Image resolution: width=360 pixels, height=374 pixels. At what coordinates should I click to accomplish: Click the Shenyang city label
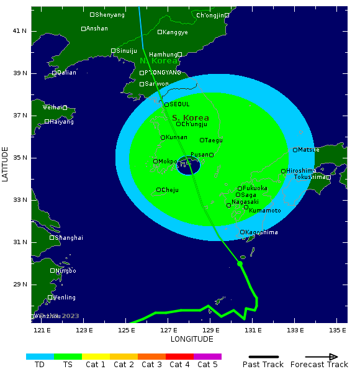click(x=109, y=14)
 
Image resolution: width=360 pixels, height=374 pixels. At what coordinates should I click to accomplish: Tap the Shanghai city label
click(x=69, y=237)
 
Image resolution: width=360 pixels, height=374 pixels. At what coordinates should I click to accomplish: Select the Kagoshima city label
click(x=262, y=232)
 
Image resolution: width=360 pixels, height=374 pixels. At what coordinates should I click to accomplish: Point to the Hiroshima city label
click(x=301, y=171)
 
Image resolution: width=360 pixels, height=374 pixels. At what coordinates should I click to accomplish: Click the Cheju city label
click(x=170, y=190)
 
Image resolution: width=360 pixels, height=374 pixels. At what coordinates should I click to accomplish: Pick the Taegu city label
click(x=214, y=140)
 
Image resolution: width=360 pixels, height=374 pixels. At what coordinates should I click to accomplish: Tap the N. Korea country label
click(x=159, y=61)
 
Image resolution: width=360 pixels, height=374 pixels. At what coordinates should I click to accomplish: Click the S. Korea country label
click(x=191, y=118)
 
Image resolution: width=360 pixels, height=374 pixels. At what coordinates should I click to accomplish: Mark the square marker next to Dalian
click(x=55, y=73)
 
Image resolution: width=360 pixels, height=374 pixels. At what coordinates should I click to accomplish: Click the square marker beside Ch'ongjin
click(x=227, y=15)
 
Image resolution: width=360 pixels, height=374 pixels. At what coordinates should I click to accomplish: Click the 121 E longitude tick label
click(x=42, y=329)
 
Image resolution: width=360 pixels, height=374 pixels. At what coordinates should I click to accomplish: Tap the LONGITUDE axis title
click(x=192, y=339)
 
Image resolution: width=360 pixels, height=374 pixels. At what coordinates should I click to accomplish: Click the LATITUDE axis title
click(x=6, y=164)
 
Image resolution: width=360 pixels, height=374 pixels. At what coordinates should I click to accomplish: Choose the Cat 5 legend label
click(x=207, y=365)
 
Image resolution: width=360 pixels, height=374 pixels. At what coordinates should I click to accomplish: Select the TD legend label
click(x=40, y=365)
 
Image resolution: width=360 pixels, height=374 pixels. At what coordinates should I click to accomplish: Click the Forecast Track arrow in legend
click(x=322, y=357)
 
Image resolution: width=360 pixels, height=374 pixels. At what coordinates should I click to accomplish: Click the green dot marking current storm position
click(x=240, y=263)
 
